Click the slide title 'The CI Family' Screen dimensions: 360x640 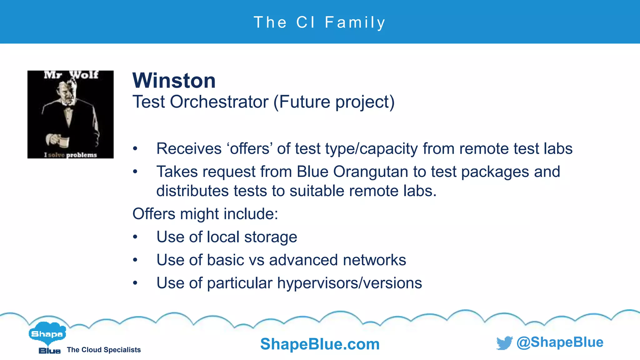[320, 22]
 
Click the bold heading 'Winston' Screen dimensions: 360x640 [174, 81]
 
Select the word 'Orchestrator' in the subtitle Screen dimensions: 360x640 [219, 102]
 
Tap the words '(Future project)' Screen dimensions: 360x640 [334, 102]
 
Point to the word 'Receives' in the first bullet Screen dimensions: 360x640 [189, 148]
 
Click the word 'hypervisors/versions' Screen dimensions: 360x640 [349, 283]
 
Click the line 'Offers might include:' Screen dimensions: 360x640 [205, 214]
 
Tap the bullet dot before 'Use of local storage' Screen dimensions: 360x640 [135, 237]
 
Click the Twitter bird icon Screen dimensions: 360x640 [504, 343]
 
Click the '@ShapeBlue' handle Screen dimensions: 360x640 [560, 342]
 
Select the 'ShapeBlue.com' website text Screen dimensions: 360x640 [320, 344]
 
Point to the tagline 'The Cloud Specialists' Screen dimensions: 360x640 [104, 350]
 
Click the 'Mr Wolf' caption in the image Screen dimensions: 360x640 [71, 75]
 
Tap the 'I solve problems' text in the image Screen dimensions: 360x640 [71, 155]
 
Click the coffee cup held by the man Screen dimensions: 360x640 [64, 142]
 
